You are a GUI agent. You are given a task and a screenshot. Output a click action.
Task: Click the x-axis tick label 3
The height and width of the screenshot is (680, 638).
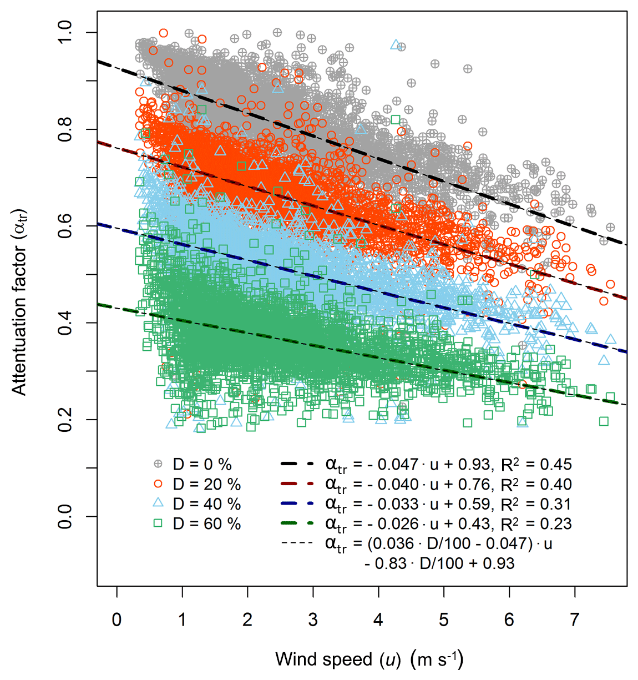pyautogui.click(x=313, y=619)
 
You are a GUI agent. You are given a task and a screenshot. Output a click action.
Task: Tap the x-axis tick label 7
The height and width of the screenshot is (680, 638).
pyautogui.click(x=575, y=619)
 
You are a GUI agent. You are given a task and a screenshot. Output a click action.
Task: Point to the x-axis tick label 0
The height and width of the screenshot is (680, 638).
pyautogui.click(x=117, y=619)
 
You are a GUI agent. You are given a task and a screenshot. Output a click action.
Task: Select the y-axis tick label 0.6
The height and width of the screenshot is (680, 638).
pyautogui.click(x=65, y=226)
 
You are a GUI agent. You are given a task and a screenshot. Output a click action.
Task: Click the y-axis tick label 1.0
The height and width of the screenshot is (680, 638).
pyautogui.click(x=65, y=33)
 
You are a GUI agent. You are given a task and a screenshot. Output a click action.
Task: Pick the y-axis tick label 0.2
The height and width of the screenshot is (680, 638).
pyautogui.click(x=65, y=419)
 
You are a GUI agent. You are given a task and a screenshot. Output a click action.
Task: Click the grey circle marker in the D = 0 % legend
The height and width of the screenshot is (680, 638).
pyautogui.click(x=158, y=464)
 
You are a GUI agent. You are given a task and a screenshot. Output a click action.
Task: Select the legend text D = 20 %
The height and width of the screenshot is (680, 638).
pyautogui.click(x=207, y=484)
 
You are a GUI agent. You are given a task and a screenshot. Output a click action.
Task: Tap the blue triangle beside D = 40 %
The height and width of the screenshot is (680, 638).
pyautogui.click(x=158, y=503)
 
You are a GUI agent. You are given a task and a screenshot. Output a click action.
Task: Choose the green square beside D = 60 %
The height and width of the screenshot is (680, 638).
pyautogui.click(x=158, y=523)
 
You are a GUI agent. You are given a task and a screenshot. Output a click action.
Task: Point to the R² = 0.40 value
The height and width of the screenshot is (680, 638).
pyautogui.click(x=536, y=484)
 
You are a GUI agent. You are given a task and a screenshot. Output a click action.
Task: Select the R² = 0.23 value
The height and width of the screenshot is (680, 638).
pyautogui.click(x=536, y=523)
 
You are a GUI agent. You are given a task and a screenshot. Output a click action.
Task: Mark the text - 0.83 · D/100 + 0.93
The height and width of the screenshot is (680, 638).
pyautogui.click(x=439, y=563)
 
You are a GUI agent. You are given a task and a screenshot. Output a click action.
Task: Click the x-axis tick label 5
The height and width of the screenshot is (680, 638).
pyautogui.click(x=444, y=619)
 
